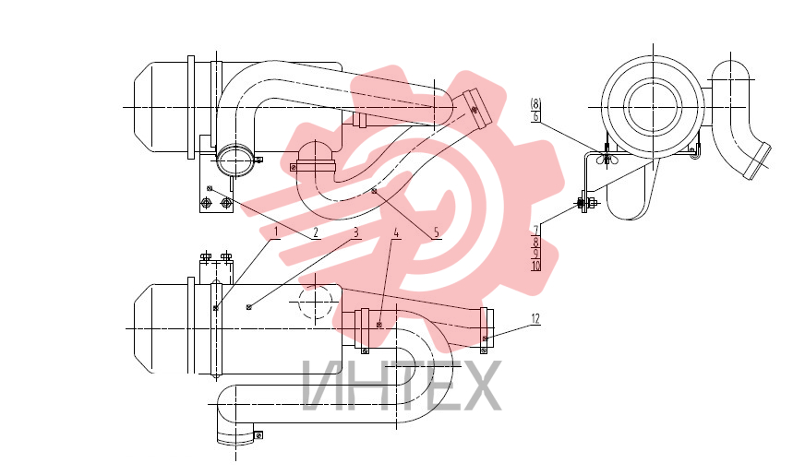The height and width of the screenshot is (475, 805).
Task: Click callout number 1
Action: click(275, 232)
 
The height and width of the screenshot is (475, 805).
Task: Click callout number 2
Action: click(315, 232)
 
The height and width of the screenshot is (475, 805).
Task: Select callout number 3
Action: click(355, 232)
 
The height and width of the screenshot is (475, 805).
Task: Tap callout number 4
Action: click(396, 232)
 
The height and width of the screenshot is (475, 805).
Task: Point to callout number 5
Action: click(436, 232)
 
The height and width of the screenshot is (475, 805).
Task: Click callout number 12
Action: click(535, 319)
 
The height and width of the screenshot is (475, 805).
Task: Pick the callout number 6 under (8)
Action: click(535, 116)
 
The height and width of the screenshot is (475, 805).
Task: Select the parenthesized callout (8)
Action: click(535, 104)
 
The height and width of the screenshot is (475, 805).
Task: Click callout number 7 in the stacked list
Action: click(536, 230)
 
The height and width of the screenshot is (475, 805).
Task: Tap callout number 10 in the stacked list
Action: click(536, 266)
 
